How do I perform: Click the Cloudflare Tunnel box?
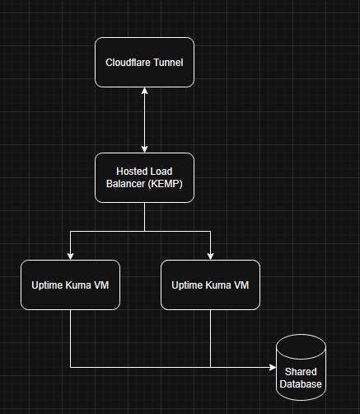[144, 62]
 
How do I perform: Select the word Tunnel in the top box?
[166, 63]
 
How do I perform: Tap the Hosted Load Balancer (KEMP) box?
[144, 177]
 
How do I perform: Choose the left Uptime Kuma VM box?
[70, 285]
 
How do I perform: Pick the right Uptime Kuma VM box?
[210, 285]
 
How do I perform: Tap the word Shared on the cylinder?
[301, 372]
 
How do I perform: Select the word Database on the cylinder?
[301, 383]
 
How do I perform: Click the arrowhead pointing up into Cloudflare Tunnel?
[144, 91]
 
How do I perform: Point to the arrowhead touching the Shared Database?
[273, 367]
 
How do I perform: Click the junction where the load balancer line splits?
[144, 232]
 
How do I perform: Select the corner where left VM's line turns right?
[70, 367]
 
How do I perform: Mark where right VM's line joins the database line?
[210, 367]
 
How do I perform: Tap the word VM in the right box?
[239, 285]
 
